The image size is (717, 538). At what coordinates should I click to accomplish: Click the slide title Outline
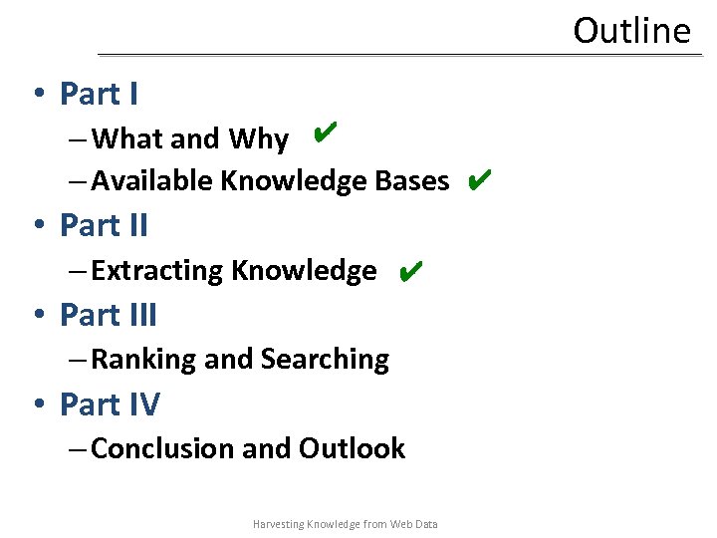(x=631, y=30)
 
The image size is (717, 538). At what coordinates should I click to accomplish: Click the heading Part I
(x=99, y=94)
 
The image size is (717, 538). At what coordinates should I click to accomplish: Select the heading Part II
(x=104, y=225)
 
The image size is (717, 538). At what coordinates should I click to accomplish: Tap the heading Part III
(x=109, y=315)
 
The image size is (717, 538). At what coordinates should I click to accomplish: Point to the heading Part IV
(x=110, y=404)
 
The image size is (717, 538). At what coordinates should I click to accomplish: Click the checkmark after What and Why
(x=323, y=132)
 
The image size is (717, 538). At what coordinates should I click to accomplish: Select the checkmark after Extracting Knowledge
(x=409, y=271)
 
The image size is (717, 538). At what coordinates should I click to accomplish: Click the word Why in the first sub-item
(x=259, y=139)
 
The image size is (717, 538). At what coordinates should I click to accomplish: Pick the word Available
(x=151, y=181)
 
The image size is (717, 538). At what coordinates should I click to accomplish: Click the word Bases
(x=412, y=181)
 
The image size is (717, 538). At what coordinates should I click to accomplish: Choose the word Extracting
(x=156, y=271)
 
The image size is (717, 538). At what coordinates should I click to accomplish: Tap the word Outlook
(x=353, y=449)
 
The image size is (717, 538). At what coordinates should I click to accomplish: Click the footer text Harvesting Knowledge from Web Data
(x=346, y=524)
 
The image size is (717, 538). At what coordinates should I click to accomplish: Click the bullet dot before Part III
(x=37, y=316)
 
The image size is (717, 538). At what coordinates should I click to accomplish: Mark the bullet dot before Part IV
(x=37, y=405)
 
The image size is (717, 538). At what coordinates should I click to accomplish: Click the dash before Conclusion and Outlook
(x=78, y=449)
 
